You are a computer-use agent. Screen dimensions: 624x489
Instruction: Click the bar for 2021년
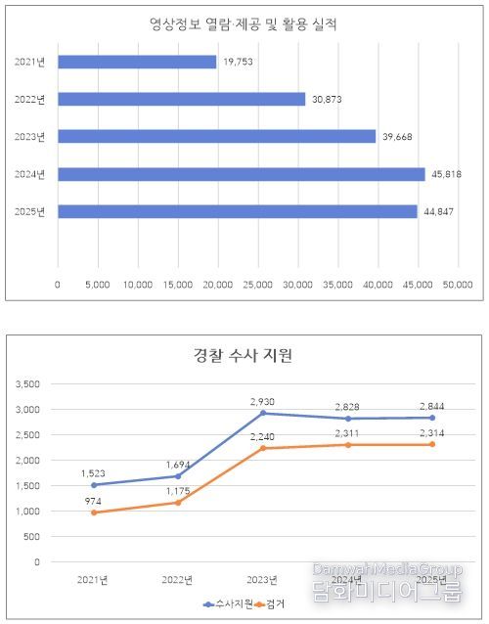(x=137, y=62)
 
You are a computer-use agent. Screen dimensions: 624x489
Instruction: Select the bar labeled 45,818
(x=242, y=174)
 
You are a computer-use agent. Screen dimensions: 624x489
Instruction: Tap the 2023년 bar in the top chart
(x=217, y=136)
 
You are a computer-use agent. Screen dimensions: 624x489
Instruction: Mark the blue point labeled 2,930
(x=262, y=413)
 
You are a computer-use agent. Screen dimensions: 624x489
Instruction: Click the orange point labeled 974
(x=94, y=513)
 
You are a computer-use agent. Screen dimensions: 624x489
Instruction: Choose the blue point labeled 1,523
(x=94, y=484)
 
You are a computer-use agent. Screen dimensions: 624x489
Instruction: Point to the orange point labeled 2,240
(x=262, y=448)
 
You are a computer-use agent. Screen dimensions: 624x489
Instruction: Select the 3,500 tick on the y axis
(x=27, y=383)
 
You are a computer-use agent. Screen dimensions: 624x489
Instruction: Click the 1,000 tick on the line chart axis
(x=27, y=511)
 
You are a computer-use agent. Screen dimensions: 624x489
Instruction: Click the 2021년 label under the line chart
(x=94, y=580)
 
